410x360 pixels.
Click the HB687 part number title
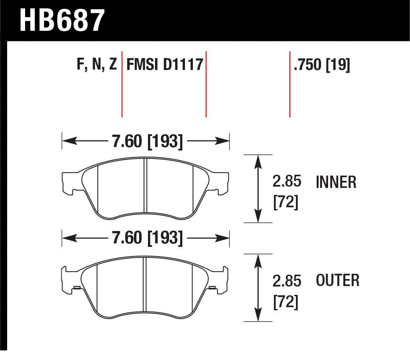click(62, 20)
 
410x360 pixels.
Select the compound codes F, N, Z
click(97, 64)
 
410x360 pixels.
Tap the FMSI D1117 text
click(165, 64)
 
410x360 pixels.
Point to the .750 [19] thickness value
click(322, 65)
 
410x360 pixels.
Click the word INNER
click(336, 182)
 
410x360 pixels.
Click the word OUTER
click(338, 280)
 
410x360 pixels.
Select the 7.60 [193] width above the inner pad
click(147, 141)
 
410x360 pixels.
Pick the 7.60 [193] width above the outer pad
click(147, 238)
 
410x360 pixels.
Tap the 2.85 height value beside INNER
click(287, 181)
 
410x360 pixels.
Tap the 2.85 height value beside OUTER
click(287, 281)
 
